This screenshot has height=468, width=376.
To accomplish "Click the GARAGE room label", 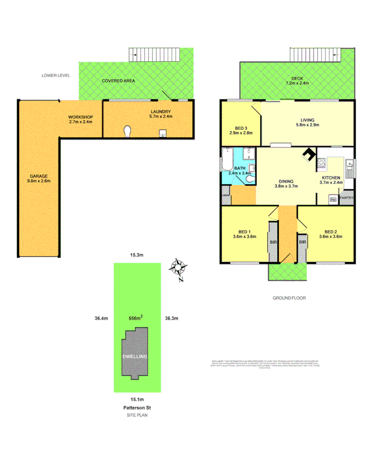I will [39, 178].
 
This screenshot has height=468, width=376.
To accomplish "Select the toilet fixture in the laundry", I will [128, 131].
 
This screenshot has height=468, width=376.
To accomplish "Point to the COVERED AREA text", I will [119, 81].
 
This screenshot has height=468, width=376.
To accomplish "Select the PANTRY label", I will [346, 198].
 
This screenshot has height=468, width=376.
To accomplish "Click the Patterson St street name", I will [136, 408].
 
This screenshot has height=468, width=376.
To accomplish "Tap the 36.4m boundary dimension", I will [101, 318].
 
